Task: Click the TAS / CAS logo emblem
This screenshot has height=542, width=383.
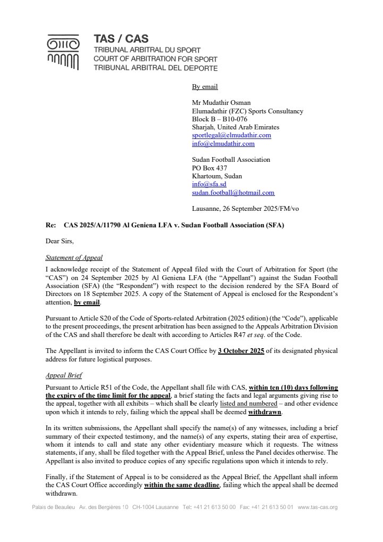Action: [63, 52]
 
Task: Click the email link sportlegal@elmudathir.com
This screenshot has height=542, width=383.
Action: [231, 135]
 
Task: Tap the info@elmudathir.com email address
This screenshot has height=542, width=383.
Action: [223, 144]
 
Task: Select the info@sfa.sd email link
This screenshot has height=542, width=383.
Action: [209, 184]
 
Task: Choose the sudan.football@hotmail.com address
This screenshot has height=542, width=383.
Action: [233, 193]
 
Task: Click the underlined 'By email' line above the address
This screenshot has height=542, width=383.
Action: [205, 87]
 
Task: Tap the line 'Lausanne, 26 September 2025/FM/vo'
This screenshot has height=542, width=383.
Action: [245, 209]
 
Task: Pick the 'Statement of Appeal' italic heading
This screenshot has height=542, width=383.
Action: [74, 258]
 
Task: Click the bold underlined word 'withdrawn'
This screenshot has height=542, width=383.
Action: [264, 413]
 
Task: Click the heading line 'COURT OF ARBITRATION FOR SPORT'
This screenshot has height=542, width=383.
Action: [155, 59]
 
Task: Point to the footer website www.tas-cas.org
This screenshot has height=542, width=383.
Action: [318, 507]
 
